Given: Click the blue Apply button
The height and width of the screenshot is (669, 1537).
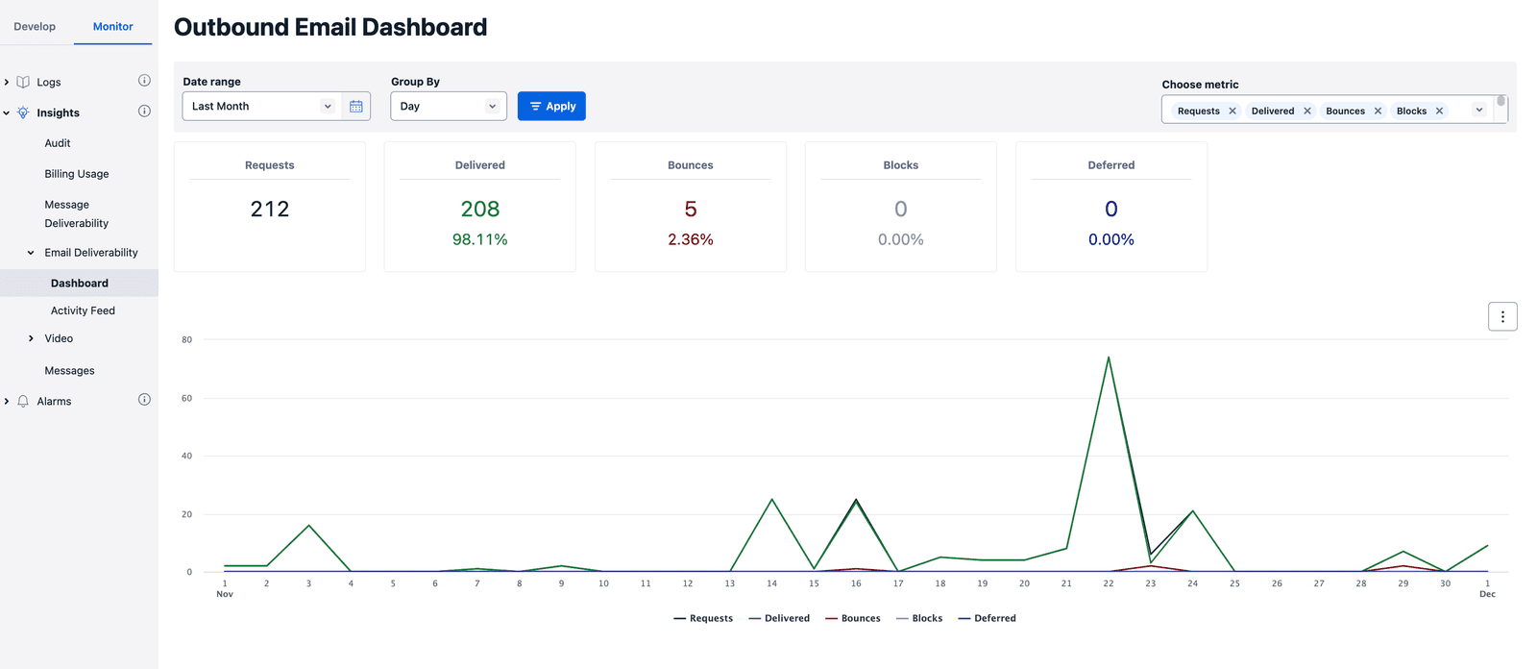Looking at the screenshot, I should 551,107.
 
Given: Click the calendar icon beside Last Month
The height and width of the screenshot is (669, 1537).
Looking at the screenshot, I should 356,107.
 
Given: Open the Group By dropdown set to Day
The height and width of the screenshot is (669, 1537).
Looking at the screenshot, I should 448,107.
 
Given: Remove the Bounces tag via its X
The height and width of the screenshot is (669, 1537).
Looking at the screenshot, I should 1378,111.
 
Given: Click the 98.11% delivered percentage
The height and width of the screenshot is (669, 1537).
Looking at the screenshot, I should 479,239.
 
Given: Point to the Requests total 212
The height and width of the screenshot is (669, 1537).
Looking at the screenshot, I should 269,209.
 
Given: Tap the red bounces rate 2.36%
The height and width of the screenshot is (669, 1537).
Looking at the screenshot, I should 690,239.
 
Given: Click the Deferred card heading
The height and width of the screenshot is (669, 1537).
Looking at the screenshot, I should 1110,165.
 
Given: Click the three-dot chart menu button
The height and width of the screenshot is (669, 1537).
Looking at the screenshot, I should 1502,316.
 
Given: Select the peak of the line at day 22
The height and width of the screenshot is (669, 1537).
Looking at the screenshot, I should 1109,359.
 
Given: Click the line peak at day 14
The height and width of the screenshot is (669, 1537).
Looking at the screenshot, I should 771,500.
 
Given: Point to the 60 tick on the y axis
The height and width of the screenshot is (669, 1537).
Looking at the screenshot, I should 186,398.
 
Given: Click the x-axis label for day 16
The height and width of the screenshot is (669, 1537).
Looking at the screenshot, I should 856,583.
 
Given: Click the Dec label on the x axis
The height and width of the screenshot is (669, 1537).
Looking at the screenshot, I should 1487,594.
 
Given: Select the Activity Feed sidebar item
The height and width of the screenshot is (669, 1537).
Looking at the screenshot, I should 83,310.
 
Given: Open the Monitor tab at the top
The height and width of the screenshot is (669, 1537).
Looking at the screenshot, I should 112,27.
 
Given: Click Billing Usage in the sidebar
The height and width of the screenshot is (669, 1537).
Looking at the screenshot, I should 77,174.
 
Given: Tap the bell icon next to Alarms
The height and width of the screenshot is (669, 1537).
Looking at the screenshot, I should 23,402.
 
